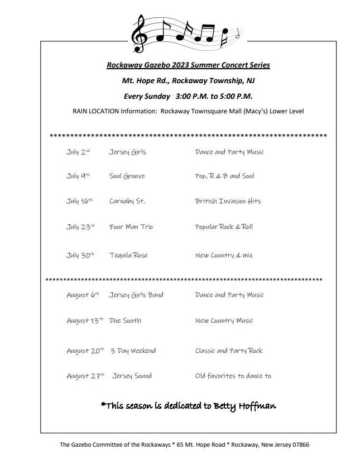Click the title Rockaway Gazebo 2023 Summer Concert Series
pyautogui.click(x=188, y=65)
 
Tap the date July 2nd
pyautogui.click(x=78, y=152)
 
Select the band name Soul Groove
pyautogui.click(x=127, y=176)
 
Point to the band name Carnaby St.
pyautogui.click(x=127, y=201)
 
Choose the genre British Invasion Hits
pyautogui.click(x=228, y=201)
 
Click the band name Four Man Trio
pyautogui.click(x=131, y=227)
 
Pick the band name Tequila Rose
pyautogui.click(x=128, y=255)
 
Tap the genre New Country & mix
pyautogui.click(x=224, y=255)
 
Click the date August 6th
pyautogui.click(x=83, y=295)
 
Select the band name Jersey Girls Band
pyautogui.click(x=136, y=295)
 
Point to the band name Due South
pyautogui.click(x=125, y=320)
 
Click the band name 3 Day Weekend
pyautogui.click(x=133, y=351)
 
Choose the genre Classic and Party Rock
pyautogui.click(x=229, y=351)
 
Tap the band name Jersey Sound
pyautogui.click(x=132, y=376)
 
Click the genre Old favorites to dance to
pyautogui.click(x=233, y=376)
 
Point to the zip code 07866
pyautogui.click(x=298, y=445)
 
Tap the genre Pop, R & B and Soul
pyautogui.click(x=224, y=176)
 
